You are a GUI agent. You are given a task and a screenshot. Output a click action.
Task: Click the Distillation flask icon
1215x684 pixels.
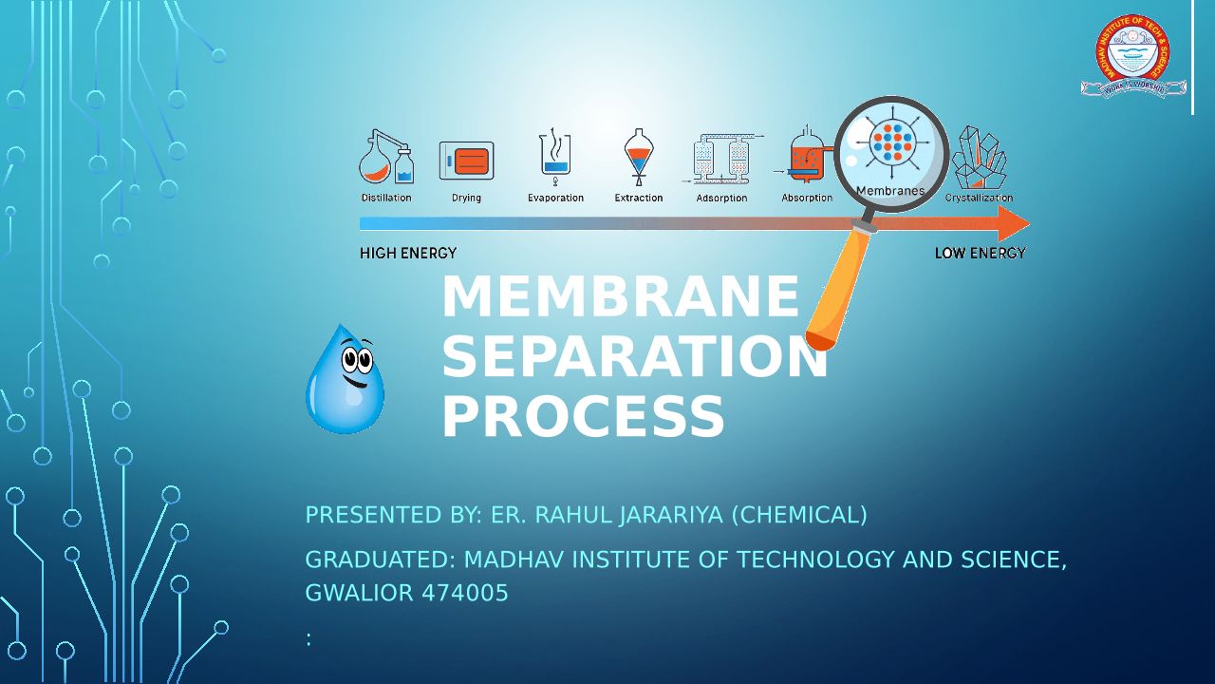click(385, 160)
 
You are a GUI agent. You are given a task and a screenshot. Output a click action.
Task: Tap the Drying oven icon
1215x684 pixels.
click(466, 161)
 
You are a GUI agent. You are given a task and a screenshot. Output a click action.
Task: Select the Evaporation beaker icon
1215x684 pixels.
click(555, 157)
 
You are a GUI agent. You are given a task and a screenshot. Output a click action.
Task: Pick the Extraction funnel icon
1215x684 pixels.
click(639, 158)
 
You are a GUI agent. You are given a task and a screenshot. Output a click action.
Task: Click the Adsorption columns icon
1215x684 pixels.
click(721, 159)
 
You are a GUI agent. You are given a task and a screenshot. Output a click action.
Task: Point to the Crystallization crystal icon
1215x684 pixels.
click(979, 159)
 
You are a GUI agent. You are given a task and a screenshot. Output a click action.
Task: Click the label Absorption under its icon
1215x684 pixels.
click(807, 199)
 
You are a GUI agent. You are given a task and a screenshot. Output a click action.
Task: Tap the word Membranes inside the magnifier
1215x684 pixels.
click(889, 191)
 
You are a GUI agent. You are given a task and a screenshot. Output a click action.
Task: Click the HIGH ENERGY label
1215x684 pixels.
click(408, 254)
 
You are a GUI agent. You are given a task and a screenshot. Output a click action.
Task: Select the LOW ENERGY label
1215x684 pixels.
click(980, 254)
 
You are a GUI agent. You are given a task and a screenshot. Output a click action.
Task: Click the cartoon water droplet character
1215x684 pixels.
click(345, 380)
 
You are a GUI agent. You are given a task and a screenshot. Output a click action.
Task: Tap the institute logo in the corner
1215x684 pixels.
click(1133, 56)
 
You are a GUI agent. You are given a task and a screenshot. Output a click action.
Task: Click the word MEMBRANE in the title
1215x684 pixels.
click(621, 297)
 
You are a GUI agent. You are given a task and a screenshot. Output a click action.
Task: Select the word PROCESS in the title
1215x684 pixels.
click(583, 418)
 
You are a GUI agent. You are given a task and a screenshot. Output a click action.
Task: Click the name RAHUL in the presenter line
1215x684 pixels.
click(573, 515)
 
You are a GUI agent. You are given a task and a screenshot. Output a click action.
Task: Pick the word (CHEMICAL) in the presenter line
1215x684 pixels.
click(798, 515)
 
